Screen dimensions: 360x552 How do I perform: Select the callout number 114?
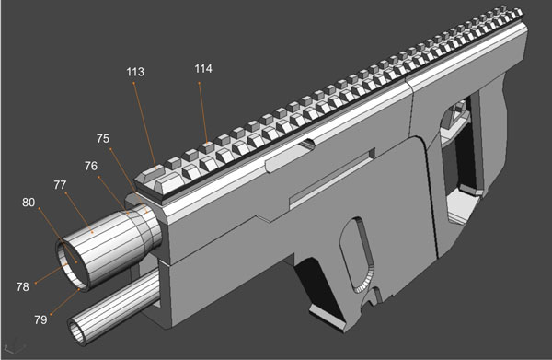pyautogui.click(x=202, y=69)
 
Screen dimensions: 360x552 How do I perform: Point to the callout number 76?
pyautogui.click(x=91, y=166)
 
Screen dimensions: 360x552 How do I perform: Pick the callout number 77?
pyautogui.click(x=61, y=185)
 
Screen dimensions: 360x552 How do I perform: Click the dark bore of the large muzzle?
pyautogui.click(x=71, y=261)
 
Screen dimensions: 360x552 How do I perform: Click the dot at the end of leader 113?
pyautogui.click(x=152, y=167)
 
